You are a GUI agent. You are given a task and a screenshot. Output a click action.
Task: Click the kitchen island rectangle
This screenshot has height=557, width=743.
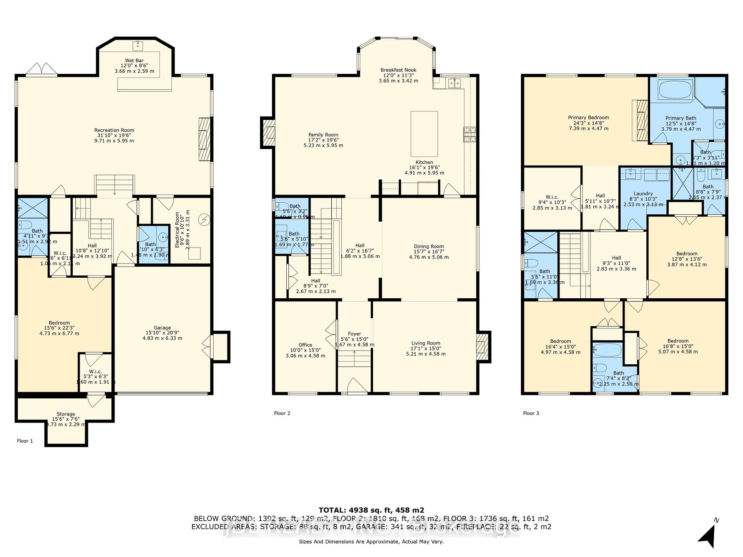coord(424,133)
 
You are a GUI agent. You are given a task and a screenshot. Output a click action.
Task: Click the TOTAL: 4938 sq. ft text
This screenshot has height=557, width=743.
coord(371,510)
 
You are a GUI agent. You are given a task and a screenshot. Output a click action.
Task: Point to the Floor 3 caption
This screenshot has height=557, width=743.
coord(531,413)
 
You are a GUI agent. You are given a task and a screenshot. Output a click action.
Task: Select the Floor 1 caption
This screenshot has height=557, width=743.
coord(25,441)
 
